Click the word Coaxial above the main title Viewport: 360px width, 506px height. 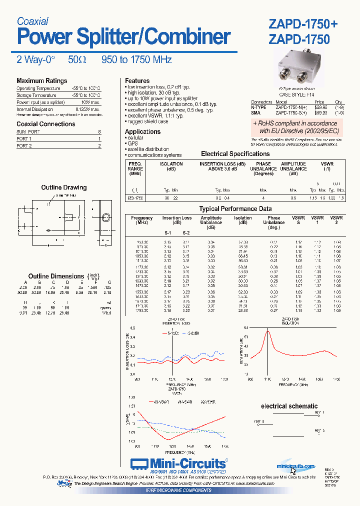click(32, 21)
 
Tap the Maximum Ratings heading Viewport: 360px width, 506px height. click(41, 81)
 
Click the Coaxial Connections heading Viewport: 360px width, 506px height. click(45, 124)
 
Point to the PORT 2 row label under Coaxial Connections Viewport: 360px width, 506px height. click(24, 146)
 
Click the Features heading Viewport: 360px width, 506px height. click(137, 81)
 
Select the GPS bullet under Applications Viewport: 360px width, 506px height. click(132, 143)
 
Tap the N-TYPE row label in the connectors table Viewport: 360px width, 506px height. click(259, 107)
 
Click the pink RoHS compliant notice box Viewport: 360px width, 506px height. click(295, 127)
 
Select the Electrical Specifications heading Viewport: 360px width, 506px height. click(235, 154)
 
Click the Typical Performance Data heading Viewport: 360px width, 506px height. click(235, 209)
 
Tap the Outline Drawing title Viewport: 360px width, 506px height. click(63, 187)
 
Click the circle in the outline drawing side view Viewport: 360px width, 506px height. click(105, 217)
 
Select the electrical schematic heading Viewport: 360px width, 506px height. click(289, 406)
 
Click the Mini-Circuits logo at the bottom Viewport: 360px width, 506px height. click(178, 462)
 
